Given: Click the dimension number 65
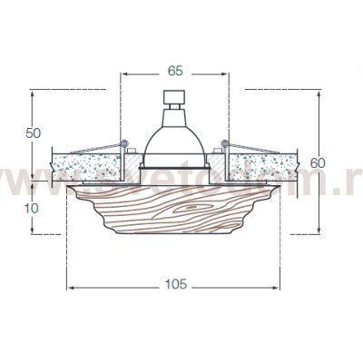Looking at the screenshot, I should (175, 67).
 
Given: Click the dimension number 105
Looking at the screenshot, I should (175, 284).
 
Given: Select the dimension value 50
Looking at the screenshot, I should (33, 132).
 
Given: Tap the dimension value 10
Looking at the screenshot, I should (33, 207).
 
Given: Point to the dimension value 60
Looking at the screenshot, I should (317, 162).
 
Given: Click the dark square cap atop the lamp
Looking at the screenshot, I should (174, 97).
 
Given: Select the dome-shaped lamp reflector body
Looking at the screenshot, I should (174, 143).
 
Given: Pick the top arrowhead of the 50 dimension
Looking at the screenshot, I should (33, 93).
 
